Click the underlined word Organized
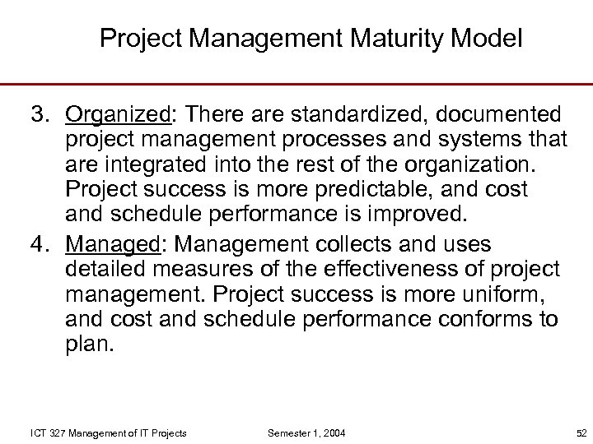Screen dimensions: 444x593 117,113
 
